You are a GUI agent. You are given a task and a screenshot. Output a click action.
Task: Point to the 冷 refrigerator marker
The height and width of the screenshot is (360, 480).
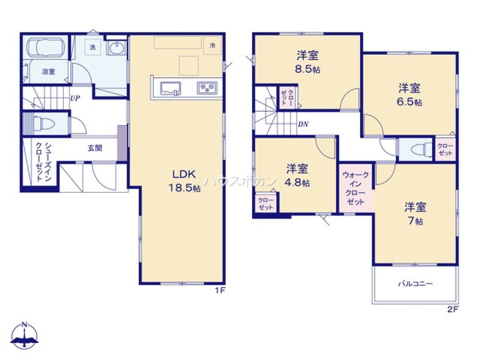coord(212,45)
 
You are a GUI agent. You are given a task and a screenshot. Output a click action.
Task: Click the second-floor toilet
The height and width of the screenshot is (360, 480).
coord(418,150)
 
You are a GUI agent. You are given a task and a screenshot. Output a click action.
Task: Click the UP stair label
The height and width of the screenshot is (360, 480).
coord(75,98)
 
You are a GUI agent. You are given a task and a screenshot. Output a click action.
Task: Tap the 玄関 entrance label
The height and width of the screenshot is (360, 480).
coord(95,148)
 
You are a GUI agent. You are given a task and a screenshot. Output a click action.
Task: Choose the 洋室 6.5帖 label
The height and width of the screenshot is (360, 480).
coord(409,95)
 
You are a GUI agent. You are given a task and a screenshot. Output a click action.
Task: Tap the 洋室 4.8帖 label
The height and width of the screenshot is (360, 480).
coord(298,175)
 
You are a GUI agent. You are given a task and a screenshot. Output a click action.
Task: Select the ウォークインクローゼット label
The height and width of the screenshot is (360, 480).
coord(356,189)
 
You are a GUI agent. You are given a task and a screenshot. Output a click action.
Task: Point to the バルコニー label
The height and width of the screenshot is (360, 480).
coord(415,284)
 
